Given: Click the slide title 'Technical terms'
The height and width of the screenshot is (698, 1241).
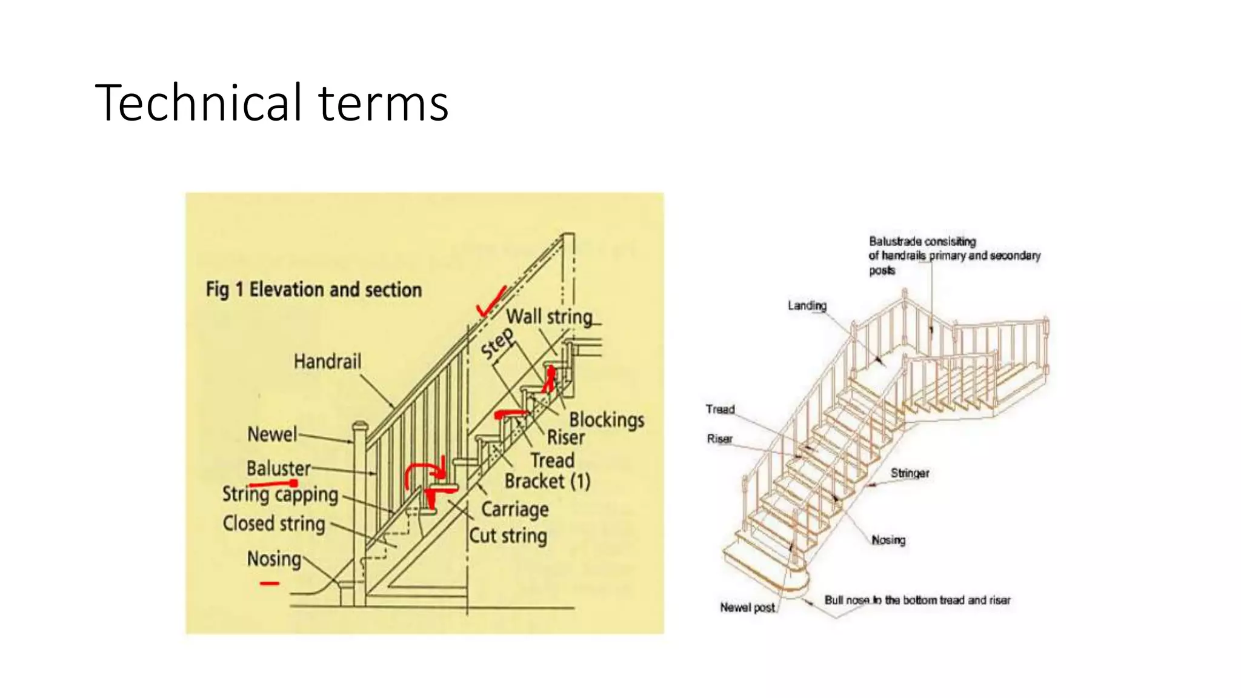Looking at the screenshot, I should (x=271, y=103).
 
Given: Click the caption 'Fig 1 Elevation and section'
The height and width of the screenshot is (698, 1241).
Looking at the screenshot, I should (x=313, y=290).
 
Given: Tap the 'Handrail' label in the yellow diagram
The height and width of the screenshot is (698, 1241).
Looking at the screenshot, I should (x=327, y=362).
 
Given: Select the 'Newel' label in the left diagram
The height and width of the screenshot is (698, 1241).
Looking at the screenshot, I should (x=272, y=434).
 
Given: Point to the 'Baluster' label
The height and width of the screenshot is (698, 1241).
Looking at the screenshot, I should (x=278, y=468).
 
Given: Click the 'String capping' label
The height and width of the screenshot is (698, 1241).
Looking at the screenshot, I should (x=280, y=494).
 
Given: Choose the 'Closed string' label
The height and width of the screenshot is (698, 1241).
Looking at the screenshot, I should (x=274, y=523).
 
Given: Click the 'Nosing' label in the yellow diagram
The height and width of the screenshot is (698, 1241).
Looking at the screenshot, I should (x=274, y=559).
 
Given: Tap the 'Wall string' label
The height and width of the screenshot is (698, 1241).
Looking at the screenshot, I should (x=549, y=317).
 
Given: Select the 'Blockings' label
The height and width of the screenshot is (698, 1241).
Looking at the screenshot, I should (x=606, y=420).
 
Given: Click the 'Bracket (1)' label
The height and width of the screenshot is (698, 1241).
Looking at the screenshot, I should (x=547, y=481).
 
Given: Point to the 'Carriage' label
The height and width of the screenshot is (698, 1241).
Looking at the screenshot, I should (x=514, y=510).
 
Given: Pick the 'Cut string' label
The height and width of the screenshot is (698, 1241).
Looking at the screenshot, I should (x=508, y=536).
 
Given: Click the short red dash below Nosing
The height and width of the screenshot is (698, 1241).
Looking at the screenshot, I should (x=269, y=583).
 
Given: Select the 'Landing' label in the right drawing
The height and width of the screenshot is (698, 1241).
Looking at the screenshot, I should (x=807, y=305).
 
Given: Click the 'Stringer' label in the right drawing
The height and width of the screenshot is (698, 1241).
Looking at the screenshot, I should (x=909, y=473).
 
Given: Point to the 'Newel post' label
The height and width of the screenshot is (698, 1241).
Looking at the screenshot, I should (x=747, y=607).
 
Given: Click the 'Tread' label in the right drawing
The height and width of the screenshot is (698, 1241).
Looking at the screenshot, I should (x=720, y=410).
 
